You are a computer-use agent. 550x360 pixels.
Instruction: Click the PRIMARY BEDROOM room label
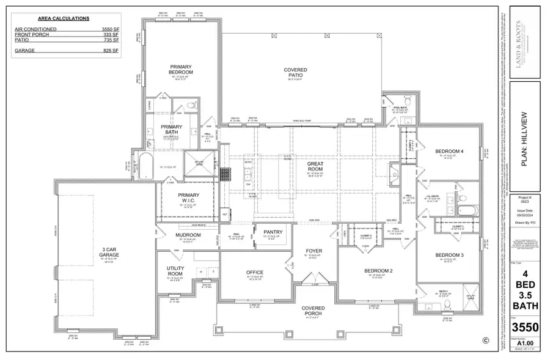(x=180, y=69)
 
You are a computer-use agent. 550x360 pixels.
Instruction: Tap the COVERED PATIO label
(x=295, y=73)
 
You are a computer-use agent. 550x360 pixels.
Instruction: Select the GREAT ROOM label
(x=318, y=163)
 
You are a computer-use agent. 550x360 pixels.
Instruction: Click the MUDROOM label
(x=188, y=235)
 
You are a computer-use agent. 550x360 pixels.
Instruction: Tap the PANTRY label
(x=273, y=232)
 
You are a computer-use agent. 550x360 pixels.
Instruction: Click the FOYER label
(x=313, y=251)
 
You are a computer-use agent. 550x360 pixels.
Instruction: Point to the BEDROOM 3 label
(x=450, y=255)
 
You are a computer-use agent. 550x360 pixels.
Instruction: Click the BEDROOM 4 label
(x=449, y=151)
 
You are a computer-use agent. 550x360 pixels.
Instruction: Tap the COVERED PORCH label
(x=313, y=311)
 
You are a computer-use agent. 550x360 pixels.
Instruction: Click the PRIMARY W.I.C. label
(x=188, y=199)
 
